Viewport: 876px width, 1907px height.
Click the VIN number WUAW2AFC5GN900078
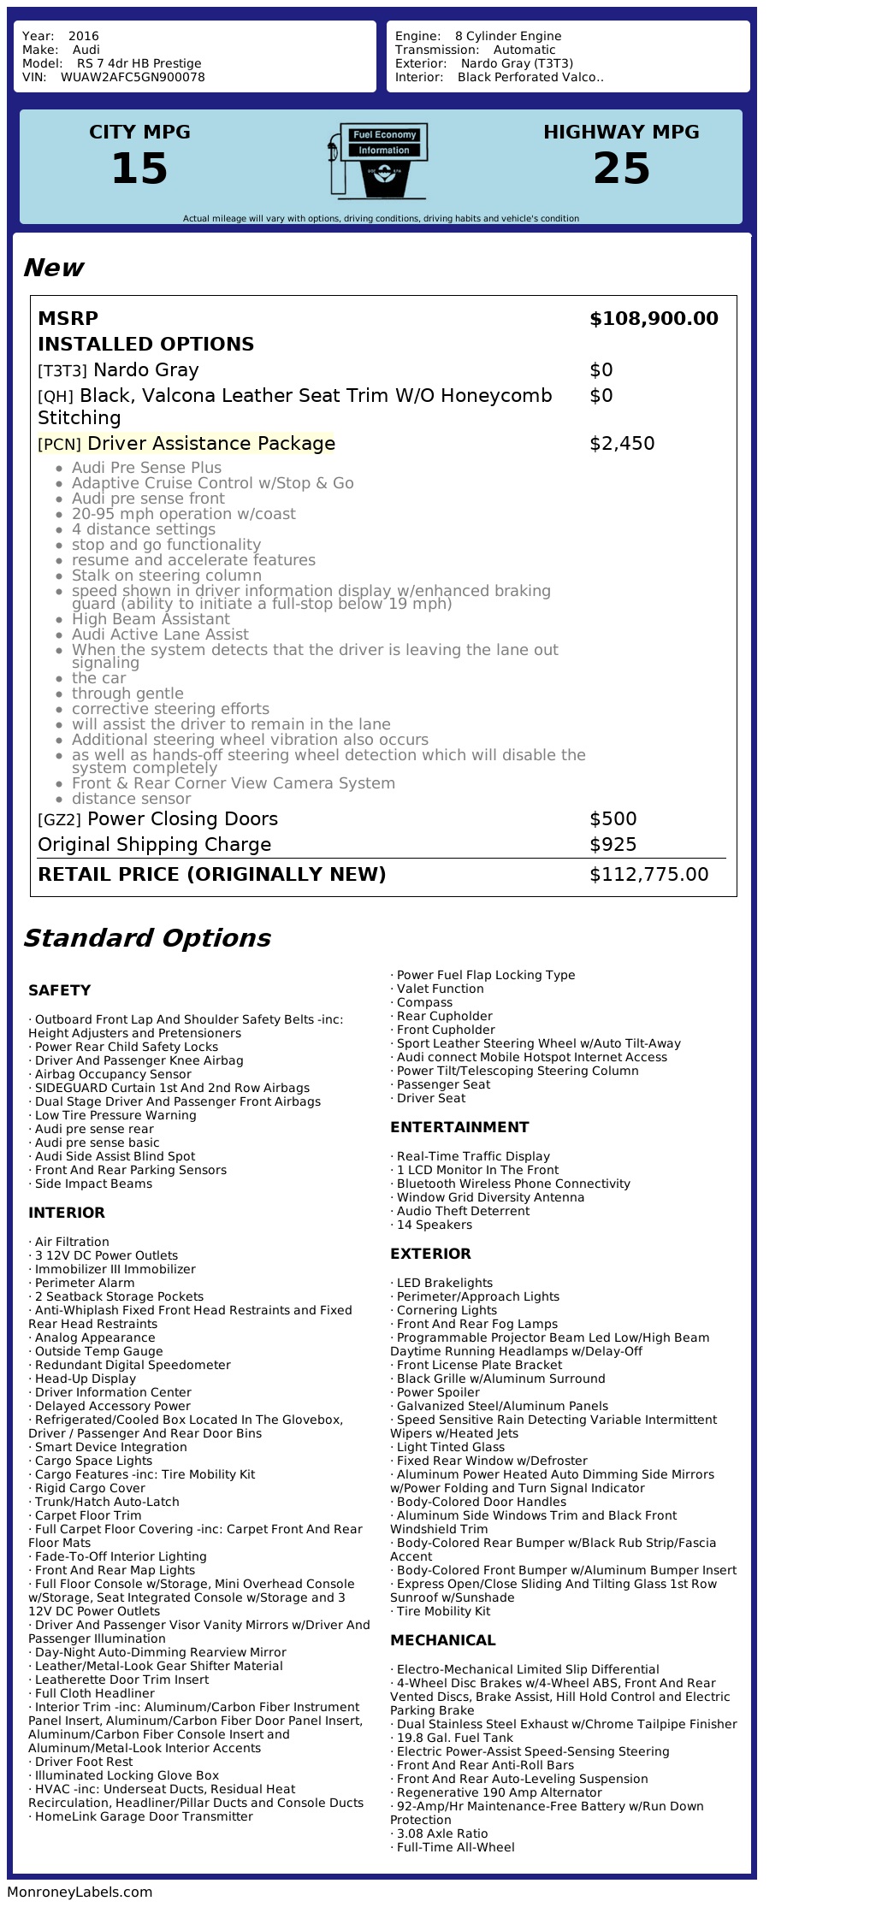(133, 77)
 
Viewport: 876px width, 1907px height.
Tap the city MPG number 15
(139, 168)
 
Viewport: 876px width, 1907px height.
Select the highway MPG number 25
(621, 168)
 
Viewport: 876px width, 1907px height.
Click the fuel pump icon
(377, 162)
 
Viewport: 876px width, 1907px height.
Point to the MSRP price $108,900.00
(654, 319)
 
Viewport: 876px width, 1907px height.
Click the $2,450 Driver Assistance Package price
(622, 444)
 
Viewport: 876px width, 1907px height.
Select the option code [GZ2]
(59, 819)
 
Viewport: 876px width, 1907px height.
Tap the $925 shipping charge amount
(613, 845)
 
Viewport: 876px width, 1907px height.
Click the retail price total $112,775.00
(648, 875)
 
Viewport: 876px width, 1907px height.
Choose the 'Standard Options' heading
(146, 938)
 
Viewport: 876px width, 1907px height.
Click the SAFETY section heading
(59, 990)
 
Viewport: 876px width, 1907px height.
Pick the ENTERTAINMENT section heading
(459, 1127)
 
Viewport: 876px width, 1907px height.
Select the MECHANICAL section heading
(442, 1640)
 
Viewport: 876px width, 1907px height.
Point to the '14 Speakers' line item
(434, 1225)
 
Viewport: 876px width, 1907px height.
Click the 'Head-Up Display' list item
(85, 1379)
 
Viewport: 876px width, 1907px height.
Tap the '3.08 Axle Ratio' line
(441, 1833)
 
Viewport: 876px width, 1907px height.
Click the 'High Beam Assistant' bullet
(151, 619)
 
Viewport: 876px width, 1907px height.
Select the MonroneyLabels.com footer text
(80, 1892)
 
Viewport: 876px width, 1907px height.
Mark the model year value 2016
(84, 36)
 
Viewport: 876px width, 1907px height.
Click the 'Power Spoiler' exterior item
(437, 1392)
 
